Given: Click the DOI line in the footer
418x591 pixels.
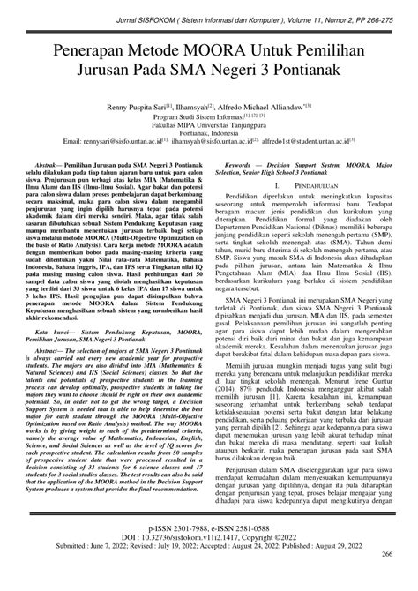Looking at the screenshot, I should point(208,558).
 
